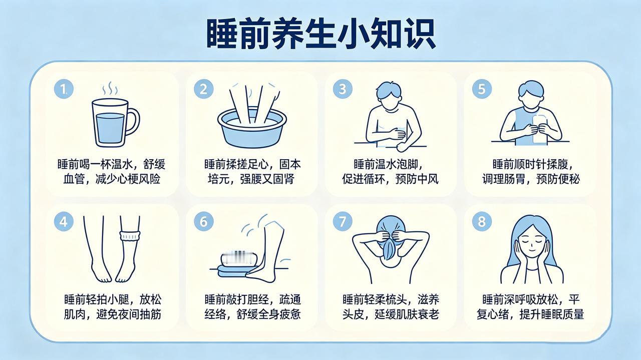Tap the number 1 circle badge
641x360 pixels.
pos(64,89)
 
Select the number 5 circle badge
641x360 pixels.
pos(482,89)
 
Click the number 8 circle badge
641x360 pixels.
pos(482,221)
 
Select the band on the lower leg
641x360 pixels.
pos(130,235)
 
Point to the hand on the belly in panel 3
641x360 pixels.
pos(399,134)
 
